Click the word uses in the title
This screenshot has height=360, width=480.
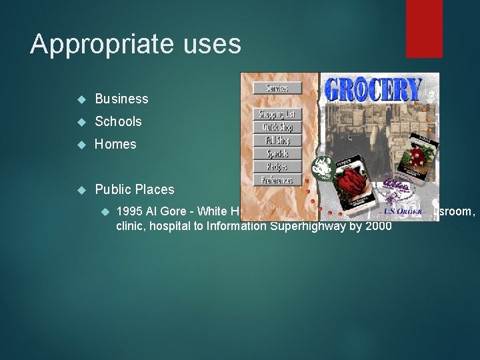click(x=214, y=45)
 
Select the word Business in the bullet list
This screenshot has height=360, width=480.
click(x=121, y=99)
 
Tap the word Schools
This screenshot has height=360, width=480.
click(x=118, y=121)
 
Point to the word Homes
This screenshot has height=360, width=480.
click(x=115, y=144)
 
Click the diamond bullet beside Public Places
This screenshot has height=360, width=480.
click(x=82, y=190)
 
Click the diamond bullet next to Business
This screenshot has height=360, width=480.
click(x=82, y=99)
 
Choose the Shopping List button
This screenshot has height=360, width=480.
click(x=277, y=115)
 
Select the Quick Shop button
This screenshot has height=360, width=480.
click(x=277, y=127)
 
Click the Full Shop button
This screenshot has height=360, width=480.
click(x=277, y=141)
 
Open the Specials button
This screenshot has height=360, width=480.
click(x=277, y=153)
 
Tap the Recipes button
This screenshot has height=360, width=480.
click(x=277, y=167)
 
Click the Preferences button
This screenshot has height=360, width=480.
click(x=277, y=180)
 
